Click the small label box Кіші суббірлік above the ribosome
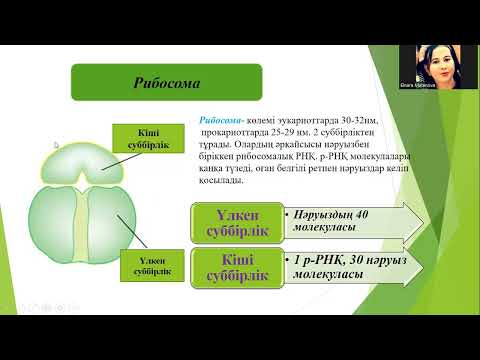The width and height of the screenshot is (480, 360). pyautogui.click(x=143, y=140)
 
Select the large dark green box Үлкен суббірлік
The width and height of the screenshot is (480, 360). pyautogui.click(x=234, y=222)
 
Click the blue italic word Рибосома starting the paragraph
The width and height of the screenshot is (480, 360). pyautogui.click(x=218, y=118)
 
